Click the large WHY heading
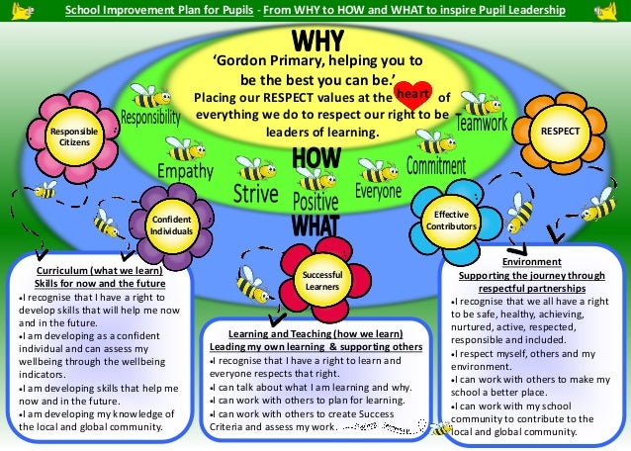pos(317,41)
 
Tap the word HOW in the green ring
pos(316,157)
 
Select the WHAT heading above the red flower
pos(315,225)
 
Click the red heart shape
pos(413,95)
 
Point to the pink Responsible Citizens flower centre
pos(74,136)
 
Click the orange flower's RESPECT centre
pos(560,132)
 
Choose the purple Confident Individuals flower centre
pos(171,225)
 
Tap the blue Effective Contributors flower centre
pos(451,221)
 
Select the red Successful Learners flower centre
pos(322,281)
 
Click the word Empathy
pos(185,171)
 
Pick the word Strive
pos(256,194)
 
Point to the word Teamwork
pos(482,122)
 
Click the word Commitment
pos(436,165)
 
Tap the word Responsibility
pos(151,117)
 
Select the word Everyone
pos(378,191)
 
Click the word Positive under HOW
pos(315,202)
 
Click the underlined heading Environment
pos(531,262)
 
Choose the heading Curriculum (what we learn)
pos(100,270)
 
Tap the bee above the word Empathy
pos(185,148)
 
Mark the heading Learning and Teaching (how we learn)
pos(315,334)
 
